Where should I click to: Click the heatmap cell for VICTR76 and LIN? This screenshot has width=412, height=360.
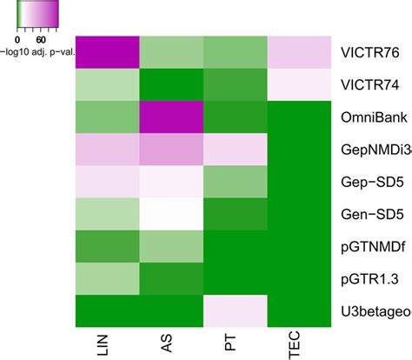108,53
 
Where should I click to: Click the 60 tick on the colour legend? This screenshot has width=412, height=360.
40,39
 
